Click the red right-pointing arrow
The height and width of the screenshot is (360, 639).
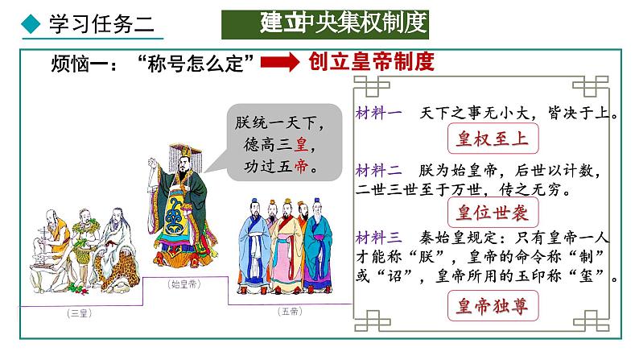[x=281, y=63]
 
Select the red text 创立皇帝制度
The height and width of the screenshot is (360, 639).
[x=372, y=62]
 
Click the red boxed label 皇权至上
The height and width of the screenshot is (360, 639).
[x=491, y=139]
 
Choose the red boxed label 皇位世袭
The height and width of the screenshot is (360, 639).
[x=491, y=213]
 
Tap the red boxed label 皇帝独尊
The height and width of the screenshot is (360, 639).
[x=491, y=304]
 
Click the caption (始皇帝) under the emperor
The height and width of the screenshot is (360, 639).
[x=185, y=284]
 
